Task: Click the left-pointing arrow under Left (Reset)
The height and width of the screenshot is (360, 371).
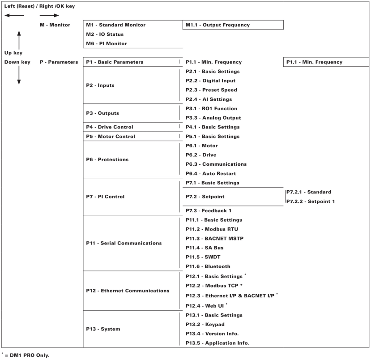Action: point(14,16)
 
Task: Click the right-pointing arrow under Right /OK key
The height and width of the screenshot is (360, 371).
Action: point(49,16)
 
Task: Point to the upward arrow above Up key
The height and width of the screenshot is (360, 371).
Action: point(19,39)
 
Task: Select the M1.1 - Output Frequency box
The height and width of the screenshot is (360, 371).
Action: point(233,25)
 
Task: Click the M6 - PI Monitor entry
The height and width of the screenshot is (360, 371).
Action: point(107,43)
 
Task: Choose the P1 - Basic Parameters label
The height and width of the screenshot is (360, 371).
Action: point(115,62)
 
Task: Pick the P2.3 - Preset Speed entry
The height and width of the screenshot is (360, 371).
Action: point(211,90)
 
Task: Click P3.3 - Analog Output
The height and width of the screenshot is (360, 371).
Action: point(213,118)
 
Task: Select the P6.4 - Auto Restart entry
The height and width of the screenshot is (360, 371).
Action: point(211,173)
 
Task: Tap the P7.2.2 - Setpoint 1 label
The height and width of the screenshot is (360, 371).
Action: point(310,201)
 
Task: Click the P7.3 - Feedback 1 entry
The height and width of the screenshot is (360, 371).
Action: point(209,211)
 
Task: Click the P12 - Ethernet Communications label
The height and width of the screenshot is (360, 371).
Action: point(128,291)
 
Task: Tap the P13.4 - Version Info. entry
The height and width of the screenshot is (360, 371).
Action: point(213,334)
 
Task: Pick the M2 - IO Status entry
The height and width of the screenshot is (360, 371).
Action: point(105,34)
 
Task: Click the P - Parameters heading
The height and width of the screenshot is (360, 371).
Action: point(59,62)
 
